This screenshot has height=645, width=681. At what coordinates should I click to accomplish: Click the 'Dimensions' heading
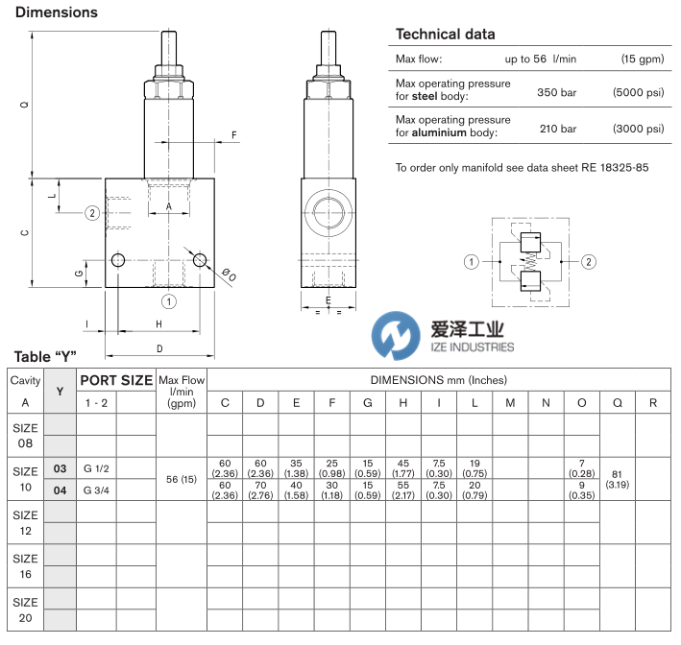pyautogui.click(x=56, y=12)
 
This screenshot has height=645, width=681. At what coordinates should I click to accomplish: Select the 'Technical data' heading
pyautogui.click(x=446, y=35)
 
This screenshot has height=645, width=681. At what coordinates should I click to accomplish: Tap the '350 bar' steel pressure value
pyautogui.click(x=556, y=97)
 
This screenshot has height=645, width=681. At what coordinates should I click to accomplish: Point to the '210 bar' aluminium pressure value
pyautogui.click(x=556, y=129)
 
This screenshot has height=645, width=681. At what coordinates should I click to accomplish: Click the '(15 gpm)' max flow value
pyautogui.click(x=639, y=60)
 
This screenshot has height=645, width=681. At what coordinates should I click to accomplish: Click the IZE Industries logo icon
pyautogui.click(x=396, y=336)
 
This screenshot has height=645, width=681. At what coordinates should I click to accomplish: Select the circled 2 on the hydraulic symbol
pyautogui.click(x=588, y=261)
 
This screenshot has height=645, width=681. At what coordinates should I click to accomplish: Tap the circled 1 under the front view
pyautogui.click(x=169, y=301)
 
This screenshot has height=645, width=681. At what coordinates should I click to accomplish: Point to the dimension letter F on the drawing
pyautogui.click(x=233, y=135)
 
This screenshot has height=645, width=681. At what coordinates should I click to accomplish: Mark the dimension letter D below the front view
pyautogui.click(x=159, y=348)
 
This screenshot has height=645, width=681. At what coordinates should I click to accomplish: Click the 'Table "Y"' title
pyautogui.click(x=44, y=356)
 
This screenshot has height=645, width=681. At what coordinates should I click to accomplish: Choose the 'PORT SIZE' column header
pyautogui.click(x=116, y=380)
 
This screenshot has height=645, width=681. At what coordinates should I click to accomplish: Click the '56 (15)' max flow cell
pyautogui.click(x=181, y=479)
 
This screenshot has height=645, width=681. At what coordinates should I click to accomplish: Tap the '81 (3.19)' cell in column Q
pyautogui.click(x=617, y=479)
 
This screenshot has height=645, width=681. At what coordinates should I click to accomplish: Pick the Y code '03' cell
pyautogui.click(x=60, y=468)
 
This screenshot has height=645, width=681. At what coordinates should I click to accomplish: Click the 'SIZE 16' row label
pyautogui.click(x=26, y=565)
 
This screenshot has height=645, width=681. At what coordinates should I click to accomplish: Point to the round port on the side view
pyautogui.click(x=329, y=213)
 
